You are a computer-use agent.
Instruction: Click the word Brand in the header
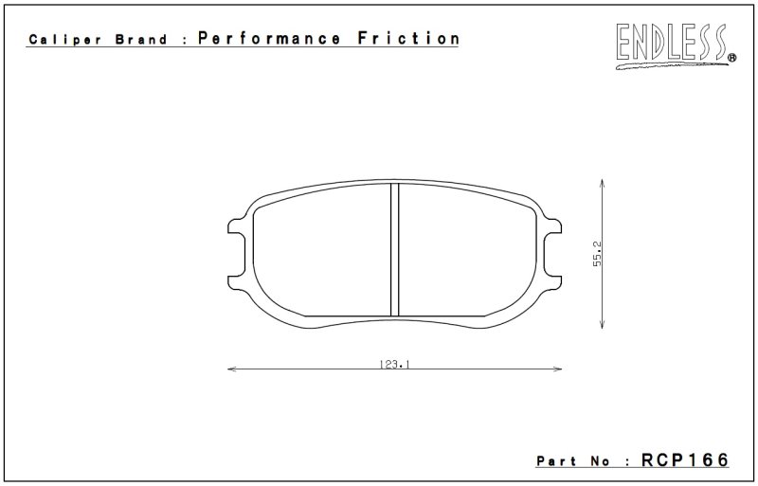(141, 39)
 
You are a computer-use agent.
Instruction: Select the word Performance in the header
(269, 38)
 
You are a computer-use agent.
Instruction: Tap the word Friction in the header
(408, 38)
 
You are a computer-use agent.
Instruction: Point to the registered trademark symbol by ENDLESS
(731, 58)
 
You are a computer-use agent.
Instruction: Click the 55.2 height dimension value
(598, 254)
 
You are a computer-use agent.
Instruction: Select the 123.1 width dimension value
(394, 364)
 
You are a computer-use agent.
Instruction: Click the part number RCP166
(684, 459)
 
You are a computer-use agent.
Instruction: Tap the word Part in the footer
(556, 461)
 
